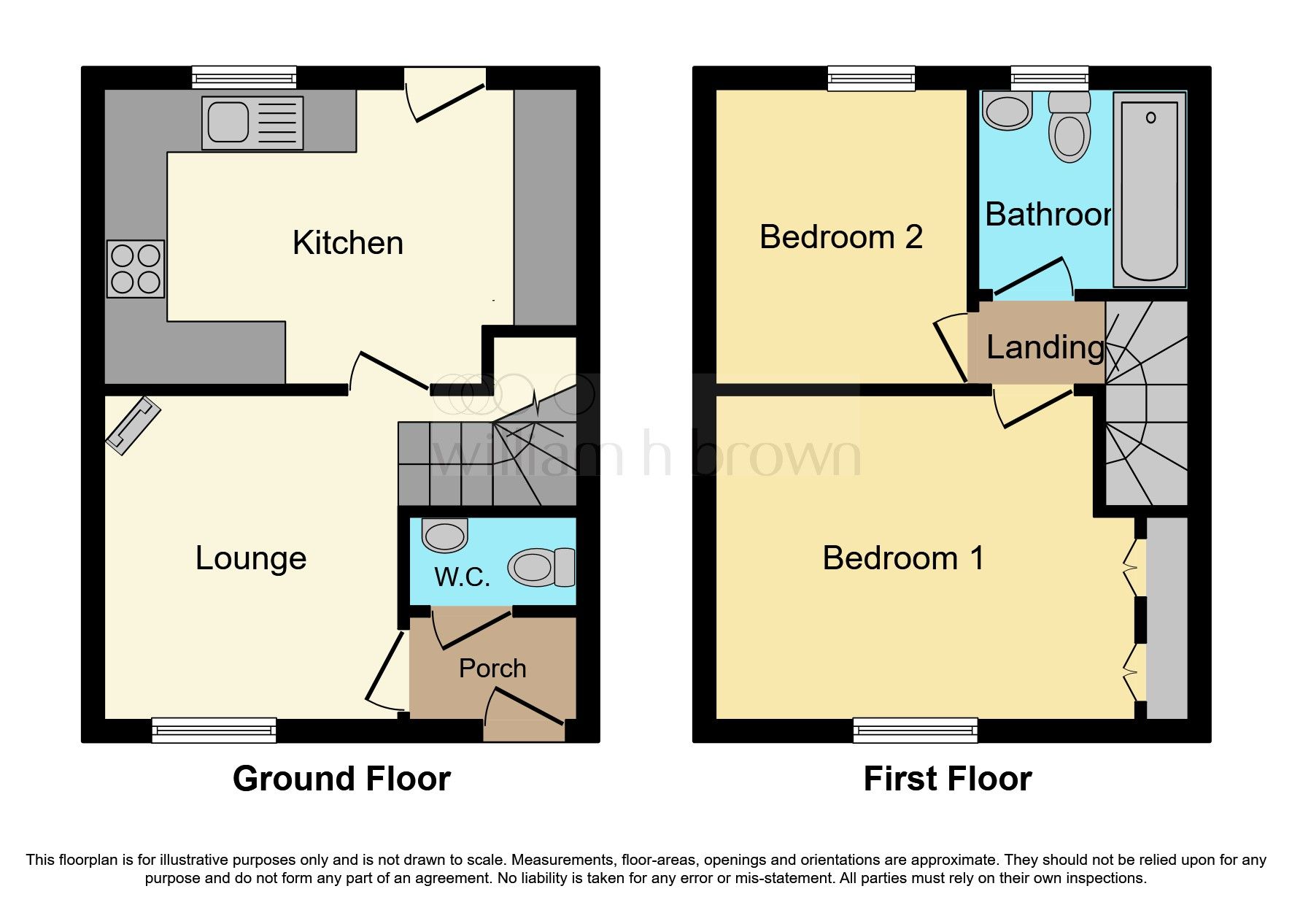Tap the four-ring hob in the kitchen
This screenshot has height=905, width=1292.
point(136,269)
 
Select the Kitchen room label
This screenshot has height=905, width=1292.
point(347,243)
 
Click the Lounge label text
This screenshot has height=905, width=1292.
point(250,558)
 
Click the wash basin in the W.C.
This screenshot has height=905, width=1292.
point(445,536)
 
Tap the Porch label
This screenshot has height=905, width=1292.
point(492,669)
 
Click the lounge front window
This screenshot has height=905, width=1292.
point(214,730)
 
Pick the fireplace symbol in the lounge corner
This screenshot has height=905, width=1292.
point(132,425)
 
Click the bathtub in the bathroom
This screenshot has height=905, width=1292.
point(1149,191)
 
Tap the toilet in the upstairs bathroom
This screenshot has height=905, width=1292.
point(1069,128)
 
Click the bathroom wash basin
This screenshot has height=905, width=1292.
point(1007,111)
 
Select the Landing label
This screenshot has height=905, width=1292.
point(1045,347)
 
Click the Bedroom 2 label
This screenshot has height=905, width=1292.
point(840,237)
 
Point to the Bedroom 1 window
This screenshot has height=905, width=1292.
point(915,730)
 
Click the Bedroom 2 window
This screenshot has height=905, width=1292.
point(871,78)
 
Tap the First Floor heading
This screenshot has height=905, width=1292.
point(947,779)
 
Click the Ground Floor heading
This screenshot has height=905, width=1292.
point(341,779)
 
